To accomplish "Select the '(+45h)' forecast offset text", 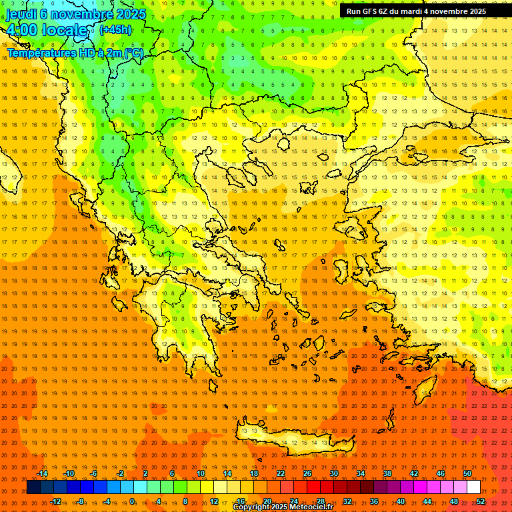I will (115, 30).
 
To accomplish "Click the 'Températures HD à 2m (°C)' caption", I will (75, 53).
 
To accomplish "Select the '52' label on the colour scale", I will (481, 501).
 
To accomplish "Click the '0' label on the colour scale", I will (132, 501).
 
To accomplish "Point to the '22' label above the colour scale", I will (281, 473).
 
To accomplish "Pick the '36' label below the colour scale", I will (374, 501).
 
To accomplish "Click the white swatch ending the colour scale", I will (473, 487).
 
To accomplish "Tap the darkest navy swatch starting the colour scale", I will (33, 487).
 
